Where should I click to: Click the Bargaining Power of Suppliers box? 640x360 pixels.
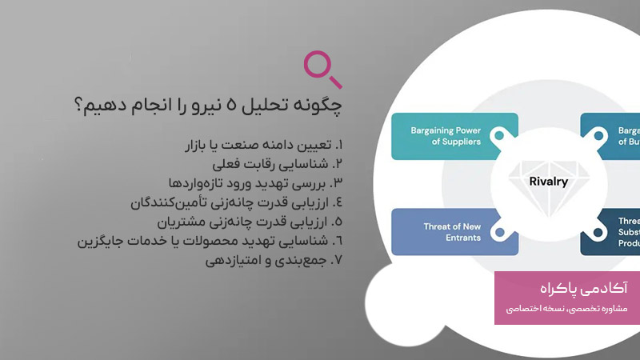[x=446, y=136]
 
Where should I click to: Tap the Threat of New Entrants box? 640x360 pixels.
[x=446, y=232]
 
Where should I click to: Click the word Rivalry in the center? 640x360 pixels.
[x=549, y=182]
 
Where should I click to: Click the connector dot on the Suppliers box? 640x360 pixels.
[x=499, y=136]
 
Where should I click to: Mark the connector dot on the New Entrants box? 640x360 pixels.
[x=499, y=232]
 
